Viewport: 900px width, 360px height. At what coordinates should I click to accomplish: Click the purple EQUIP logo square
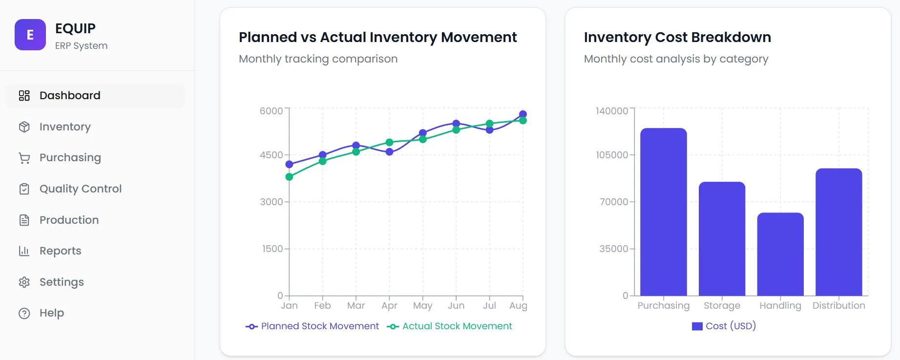[30, 35]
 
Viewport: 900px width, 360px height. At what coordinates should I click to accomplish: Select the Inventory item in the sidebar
[65, 127]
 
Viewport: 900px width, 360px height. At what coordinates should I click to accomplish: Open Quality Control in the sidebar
[80, 189]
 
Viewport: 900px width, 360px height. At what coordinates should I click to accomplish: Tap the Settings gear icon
[24, 282]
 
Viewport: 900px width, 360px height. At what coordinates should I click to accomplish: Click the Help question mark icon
[24, 314]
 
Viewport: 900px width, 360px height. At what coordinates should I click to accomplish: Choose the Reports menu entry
[60, 251]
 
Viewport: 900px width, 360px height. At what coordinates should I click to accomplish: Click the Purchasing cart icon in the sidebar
[24, 158]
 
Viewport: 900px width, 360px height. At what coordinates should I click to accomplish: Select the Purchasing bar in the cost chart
[663, 212]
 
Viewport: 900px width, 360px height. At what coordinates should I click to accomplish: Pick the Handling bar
[780, 254]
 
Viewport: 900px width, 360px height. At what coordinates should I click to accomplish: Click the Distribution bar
[838, 232]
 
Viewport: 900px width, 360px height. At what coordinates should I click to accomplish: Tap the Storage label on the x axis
[722, 306]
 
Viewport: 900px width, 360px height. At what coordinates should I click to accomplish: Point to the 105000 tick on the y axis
[612, 155]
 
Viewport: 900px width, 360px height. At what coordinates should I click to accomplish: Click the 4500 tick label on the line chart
[271, 155]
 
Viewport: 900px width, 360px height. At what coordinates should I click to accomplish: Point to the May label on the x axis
[422, 306]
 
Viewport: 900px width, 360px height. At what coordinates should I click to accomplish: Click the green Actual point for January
[289, 177]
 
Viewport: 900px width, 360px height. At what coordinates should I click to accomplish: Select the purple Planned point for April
[389, 152]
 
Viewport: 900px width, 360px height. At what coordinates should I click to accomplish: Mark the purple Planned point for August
[523, 114]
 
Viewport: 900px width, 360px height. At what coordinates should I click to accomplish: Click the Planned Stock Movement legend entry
[313, 326]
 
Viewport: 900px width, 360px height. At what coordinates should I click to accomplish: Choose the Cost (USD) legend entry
[724, 326]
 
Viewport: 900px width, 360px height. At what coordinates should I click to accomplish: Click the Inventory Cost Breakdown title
[677, 37]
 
